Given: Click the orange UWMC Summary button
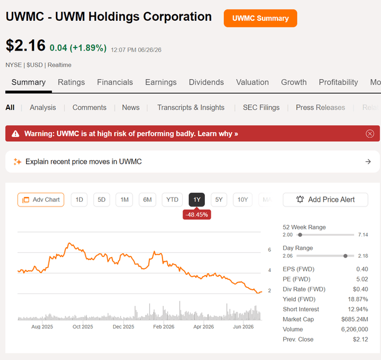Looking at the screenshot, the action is click(x=260, y=18).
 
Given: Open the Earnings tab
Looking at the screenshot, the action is click(x=161, y=82).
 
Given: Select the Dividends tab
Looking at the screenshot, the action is click(x=207, y=82).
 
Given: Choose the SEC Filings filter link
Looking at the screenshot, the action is click(x=261, y=107).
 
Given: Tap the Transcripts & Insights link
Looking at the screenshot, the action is click(x=190, y=107).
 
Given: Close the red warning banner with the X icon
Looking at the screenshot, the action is click(x=370, y=134).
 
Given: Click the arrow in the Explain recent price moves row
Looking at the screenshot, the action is click(x=368, y=161).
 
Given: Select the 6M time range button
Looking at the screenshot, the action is click(x=147, y=200).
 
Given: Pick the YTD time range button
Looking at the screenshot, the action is click(x=172, y=200).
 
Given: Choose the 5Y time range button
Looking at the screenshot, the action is click(x=219, y=200).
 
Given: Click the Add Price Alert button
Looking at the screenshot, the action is click(x=326, y=200).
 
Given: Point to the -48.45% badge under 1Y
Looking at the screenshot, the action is click(x=197, y=215).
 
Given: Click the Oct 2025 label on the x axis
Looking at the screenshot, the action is click(x=83, y=327).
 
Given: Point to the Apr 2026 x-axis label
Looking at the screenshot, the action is click(x=204, y=327).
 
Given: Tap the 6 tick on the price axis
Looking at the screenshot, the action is click(x=270, y=250).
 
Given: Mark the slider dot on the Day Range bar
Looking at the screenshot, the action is click(x=345, y=256).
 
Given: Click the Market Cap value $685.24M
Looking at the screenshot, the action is click(x=355, y=319).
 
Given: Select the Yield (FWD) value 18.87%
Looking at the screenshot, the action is click(x=358, y=299).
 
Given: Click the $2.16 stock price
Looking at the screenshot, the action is click(x=26, y=45).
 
